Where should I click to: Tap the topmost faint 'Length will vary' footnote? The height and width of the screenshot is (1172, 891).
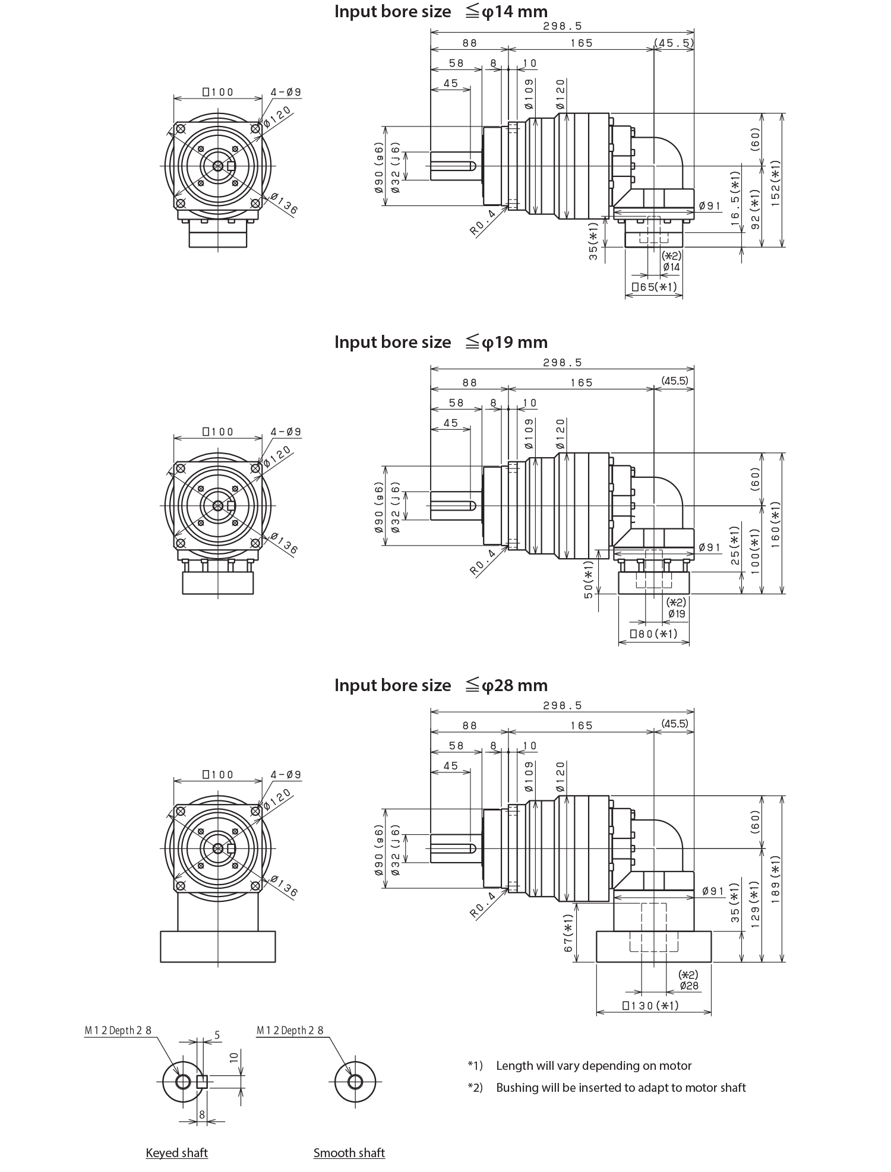pyautogui.click(x=594, y=1066)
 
